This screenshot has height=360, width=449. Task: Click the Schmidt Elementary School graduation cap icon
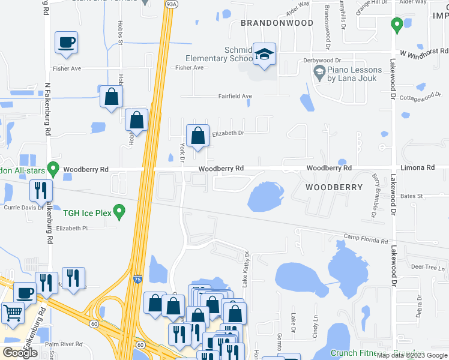[264, 54]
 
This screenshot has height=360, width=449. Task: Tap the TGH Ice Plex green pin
[119, 211]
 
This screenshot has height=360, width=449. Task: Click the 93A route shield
[171, 3]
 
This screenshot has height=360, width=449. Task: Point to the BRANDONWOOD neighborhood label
[277, 23]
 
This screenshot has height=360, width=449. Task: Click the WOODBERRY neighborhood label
[334, 187]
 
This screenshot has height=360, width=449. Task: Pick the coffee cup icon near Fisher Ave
[66, 43]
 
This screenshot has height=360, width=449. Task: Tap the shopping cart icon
[13, 313]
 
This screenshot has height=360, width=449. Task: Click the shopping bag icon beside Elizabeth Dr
[197, 136]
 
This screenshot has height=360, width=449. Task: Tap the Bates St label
[412, 196]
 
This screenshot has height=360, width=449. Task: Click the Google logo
[20, 353]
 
